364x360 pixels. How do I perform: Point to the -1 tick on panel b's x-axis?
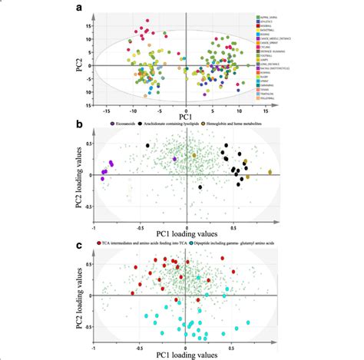coord(94,228)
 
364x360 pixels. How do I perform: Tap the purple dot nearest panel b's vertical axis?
coord(175,159)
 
